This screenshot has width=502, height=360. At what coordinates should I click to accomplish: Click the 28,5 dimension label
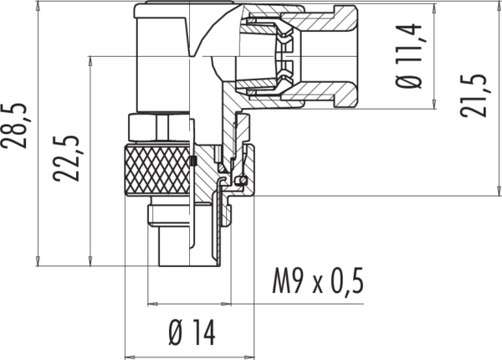point(14,126)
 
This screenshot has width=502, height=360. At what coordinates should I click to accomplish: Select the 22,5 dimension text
point(66,159)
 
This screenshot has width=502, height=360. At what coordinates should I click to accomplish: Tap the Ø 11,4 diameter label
point(409,56)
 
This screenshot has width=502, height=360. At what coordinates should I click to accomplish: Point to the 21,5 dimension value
point(474,95)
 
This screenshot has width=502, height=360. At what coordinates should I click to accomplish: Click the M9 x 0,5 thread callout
point(318,281)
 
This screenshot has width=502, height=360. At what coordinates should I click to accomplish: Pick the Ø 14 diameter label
point(192,332)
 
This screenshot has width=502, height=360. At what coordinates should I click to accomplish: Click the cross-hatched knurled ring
point(157,170)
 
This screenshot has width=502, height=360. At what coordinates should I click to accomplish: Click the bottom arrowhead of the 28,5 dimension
point(38,261)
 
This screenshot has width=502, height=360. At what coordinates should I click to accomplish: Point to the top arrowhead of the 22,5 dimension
point(90,61)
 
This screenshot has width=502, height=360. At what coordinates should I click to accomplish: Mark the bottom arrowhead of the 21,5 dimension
point(499,191)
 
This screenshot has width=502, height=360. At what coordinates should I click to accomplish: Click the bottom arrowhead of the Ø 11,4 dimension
point(434,104)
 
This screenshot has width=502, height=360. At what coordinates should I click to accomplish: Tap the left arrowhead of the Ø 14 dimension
point(130,357)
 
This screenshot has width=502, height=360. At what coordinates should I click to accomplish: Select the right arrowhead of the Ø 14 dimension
point(249,357)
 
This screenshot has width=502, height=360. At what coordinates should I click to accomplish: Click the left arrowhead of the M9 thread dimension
point(153,303)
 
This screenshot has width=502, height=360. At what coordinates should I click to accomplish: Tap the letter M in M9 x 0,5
point(281,281)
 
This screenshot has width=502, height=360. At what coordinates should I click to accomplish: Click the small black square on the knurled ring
point(192,161)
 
